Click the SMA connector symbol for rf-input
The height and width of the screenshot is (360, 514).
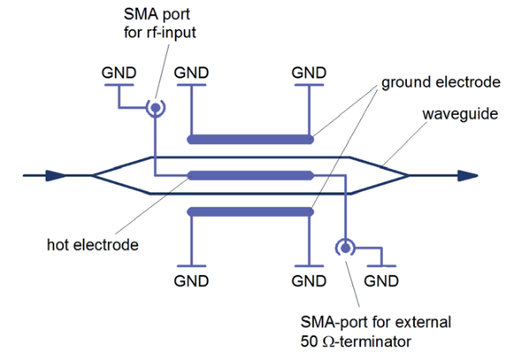[x=156, y=107]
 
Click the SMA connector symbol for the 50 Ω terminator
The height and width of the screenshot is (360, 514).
[x=345, y=248]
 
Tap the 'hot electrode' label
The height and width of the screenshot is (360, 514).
[x=93, y=245]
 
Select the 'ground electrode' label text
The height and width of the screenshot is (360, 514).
[x=441, y=82]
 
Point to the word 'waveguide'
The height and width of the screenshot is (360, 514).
[x=460, y=114]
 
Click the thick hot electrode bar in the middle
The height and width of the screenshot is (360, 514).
[x=250, y=176]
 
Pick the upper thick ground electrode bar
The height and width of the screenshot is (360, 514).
[x=250, y=140]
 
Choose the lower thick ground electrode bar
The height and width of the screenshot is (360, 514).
[x=250, y=212]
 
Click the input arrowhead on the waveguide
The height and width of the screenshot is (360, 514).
[x=55, y=176]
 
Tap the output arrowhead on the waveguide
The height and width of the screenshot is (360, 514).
[x=467, y=176]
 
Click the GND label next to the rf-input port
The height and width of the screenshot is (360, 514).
[x=119, y=73]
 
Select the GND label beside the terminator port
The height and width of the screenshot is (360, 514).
[x=381, y=281]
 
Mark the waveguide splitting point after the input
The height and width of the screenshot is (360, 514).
[x=92, y=176]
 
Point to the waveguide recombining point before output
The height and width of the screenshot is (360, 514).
[x=409, y=176]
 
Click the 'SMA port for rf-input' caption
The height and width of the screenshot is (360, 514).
[x=160, y=23]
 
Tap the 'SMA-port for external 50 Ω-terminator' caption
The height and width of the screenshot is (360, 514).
[x=376, y=332]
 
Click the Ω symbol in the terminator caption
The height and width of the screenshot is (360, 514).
[x=329, y=342]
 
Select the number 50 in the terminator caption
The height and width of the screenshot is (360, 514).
[x=309, y=342]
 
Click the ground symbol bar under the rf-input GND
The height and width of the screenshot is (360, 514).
[x=119, y=85]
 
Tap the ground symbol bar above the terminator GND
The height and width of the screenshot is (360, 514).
[x=381, y=266]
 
